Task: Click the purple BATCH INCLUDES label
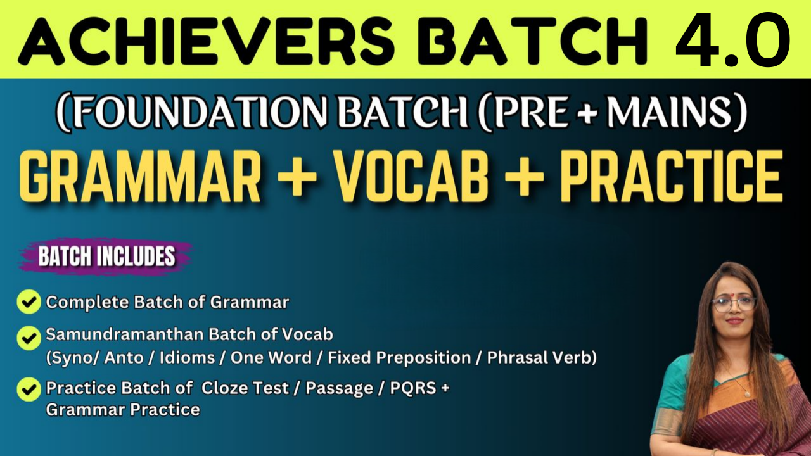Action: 107,256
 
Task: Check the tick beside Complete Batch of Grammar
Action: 29,301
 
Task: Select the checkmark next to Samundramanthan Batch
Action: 29,338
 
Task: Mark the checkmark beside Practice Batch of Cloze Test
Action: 29,389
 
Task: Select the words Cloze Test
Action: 245,388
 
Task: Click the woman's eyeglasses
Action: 734,304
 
